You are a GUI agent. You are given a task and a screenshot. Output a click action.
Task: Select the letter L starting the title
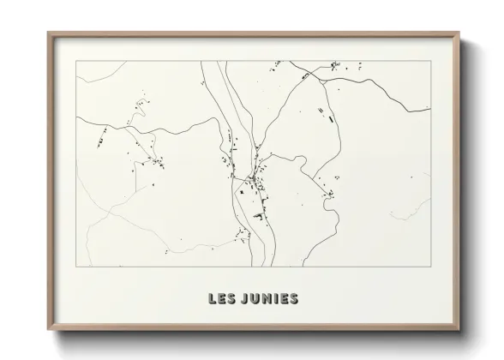click(x=212, y=298)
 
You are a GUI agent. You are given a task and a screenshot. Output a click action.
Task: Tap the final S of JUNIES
click(x=294, y=298)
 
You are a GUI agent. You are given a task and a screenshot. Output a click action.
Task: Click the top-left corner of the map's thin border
click(x=76, y=61)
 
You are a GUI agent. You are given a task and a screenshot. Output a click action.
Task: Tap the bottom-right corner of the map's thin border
click(x=431, y=267)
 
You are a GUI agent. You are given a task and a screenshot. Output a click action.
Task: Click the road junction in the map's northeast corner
click(x=321, y=77)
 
